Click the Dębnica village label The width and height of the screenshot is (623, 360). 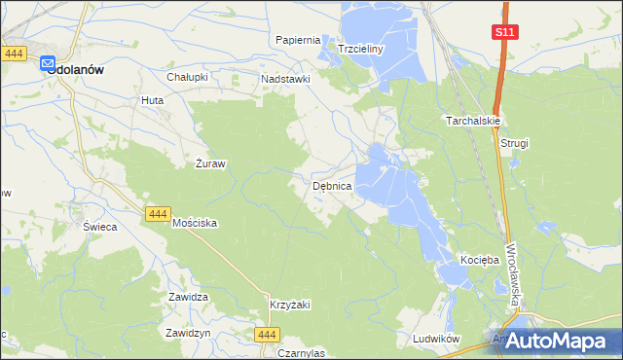point(339,185)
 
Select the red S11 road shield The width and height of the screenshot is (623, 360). point(504,32)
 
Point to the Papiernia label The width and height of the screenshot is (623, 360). point(298,40)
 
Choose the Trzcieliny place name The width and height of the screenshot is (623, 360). point(362,48)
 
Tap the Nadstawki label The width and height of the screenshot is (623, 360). point(284,79)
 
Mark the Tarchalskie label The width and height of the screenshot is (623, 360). point(473,121)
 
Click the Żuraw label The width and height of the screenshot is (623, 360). point(210,163)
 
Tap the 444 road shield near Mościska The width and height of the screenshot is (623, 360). point(157,213)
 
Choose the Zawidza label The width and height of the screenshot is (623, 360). point(189,297)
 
